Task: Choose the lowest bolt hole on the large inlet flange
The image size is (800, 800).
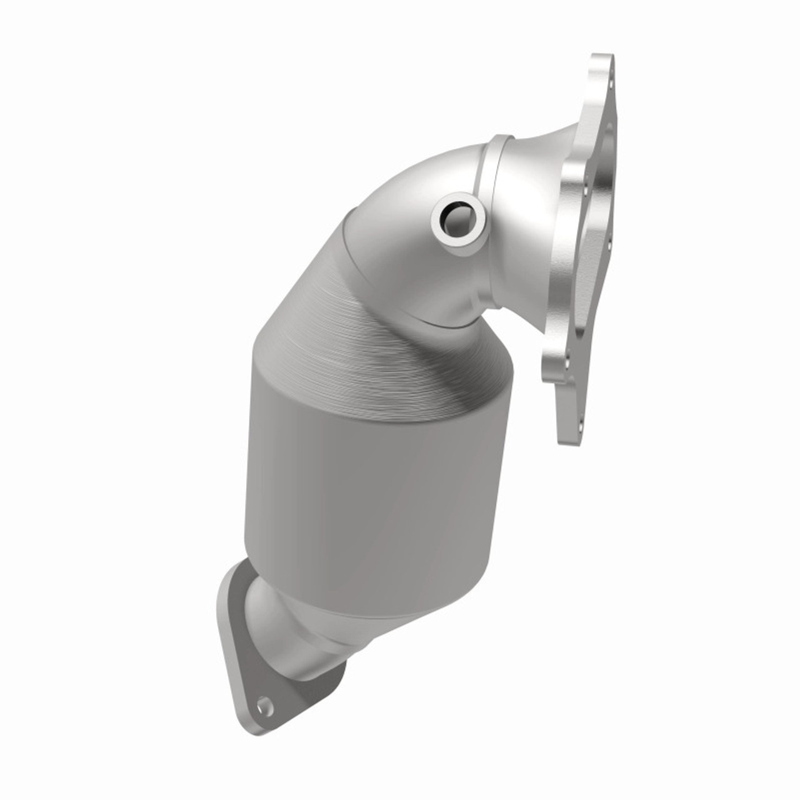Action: [x=581, y=425]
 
